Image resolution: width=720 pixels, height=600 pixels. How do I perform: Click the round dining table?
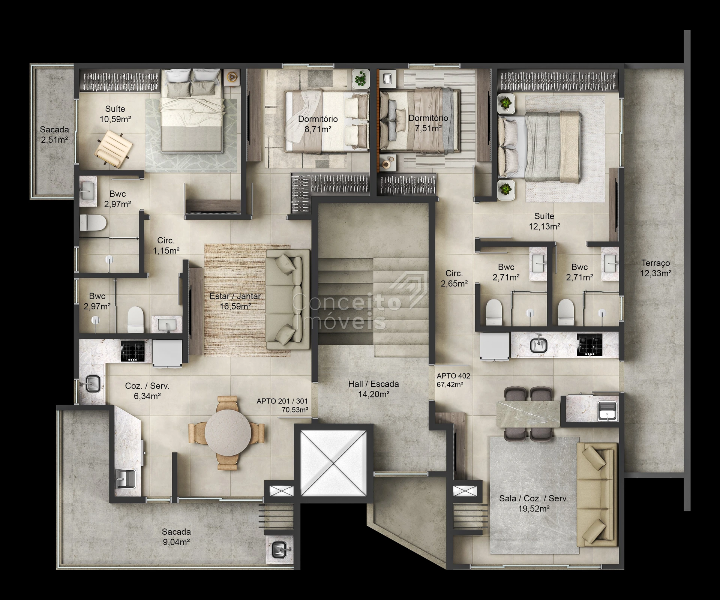coord(228,432)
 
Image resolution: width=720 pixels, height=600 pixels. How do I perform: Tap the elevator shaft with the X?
coord(333,463)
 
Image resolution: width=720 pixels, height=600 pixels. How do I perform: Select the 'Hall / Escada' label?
coord(373,384)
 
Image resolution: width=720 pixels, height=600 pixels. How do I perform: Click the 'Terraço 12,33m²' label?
coord(655,268)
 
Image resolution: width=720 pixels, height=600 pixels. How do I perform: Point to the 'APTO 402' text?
coord(453,376)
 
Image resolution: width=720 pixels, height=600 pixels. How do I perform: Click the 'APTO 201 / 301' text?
coord(282,401)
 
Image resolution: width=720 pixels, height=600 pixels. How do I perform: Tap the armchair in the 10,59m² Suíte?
coord(114,149)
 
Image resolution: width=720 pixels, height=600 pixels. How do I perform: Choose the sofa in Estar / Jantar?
coord(288,300)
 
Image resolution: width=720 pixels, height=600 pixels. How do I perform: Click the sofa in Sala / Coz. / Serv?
coord(597,494)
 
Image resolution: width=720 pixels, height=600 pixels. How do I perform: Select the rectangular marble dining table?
coord(528,414)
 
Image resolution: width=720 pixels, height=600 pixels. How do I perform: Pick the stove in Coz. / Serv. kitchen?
coord(132,351)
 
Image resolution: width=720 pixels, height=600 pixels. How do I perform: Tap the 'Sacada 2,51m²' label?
coord(54,135)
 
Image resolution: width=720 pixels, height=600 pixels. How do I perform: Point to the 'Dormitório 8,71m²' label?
coord(318,124)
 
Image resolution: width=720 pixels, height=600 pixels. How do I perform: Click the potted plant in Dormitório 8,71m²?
coord(361,79)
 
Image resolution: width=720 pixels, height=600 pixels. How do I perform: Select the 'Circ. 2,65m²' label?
coord(454,279)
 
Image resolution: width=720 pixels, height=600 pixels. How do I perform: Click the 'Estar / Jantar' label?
coord(235,296)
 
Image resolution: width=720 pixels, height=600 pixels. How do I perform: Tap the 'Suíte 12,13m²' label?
coord(544,221)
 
